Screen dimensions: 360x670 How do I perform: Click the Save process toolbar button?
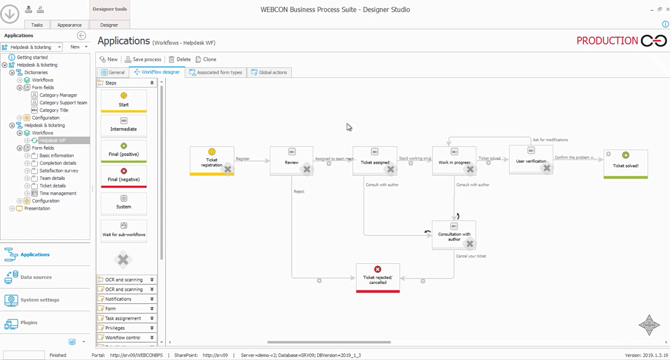click(x=143, y=59)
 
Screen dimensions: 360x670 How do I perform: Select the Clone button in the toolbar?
click(x=206, y=59)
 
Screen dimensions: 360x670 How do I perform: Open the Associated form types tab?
click(x=216, y=73)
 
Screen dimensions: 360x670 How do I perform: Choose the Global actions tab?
click(x=269, y=73)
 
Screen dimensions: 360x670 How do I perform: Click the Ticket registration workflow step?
click(x=211, y=160)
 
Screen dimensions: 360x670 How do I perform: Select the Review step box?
click(x=291, y=160)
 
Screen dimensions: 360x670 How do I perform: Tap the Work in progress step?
click(x=454, y=160)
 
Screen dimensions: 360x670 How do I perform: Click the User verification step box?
click(x=531, y=159)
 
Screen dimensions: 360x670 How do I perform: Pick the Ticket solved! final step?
click(x=625, y=164)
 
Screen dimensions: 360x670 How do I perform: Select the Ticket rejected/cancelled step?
click(x=378, y=278)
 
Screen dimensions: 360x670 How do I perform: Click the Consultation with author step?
click(x=454, y=235)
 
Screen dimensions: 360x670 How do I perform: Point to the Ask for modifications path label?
click(x=550, y=140)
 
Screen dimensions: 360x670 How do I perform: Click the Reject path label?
click(x=299, y=191)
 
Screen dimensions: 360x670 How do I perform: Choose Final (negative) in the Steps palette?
click(x=124, y=176)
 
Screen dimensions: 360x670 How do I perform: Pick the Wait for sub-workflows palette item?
click(x=124, y=231)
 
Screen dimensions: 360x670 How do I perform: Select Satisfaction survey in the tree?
click(x=59, y=171)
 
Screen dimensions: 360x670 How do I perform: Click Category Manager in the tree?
click(x=58, y=95)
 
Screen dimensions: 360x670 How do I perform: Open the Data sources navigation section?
click(x=36, y=277)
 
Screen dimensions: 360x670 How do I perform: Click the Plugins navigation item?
click(x=29, y=323)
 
